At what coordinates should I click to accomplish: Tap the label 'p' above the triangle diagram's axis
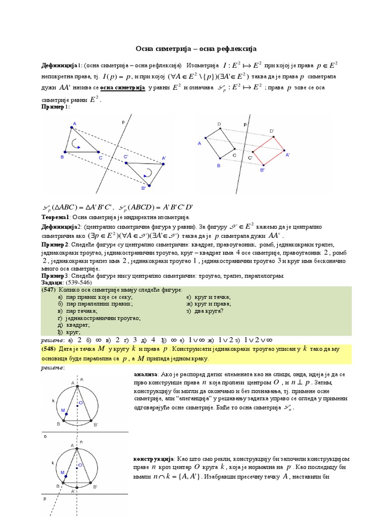[123, 122]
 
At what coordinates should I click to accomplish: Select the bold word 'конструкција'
[154, 458]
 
